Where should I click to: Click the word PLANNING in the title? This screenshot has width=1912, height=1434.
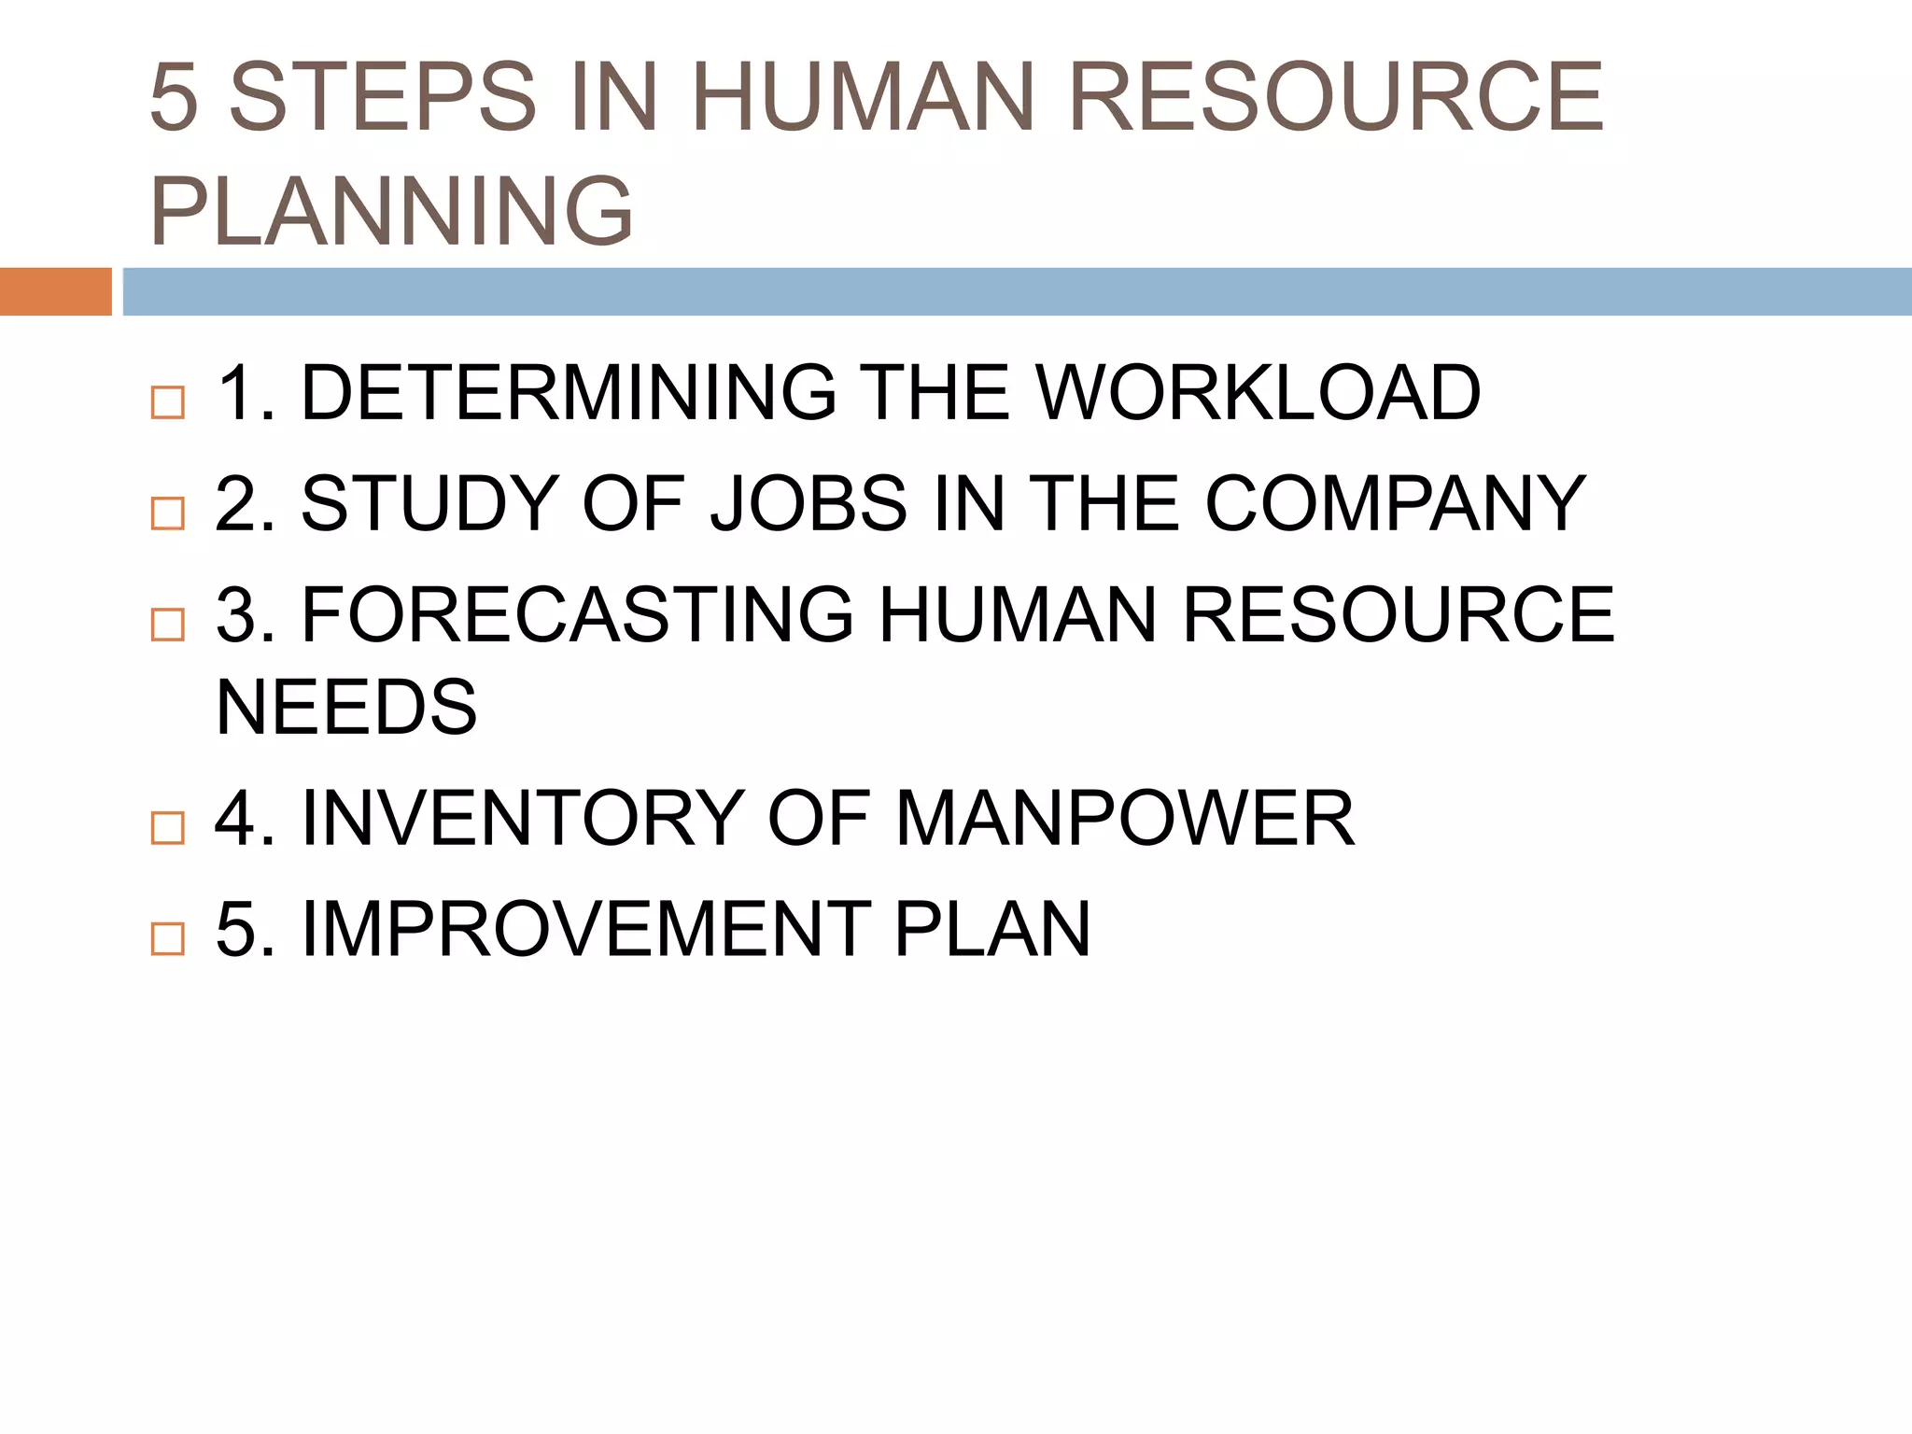pyautogui.click(x=392, y=211)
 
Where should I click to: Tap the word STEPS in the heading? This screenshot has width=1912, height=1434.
pyautogui.click(x=383, y=96)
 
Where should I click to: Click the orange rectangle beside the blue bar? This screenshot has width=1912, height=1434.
pyautogui.click(x=55, y=291)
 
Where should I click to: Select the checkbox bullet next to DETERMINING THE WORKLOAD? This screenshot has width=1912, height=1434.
pyautogui.click(x=168, y=402)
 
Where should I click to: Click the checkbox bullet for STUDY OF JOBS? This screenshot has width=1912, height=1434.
pyautogui.click(x=168, y=513)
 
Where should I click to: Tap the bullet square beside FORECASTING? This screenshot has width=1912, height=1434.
pyautogui.click(x=168, y=624)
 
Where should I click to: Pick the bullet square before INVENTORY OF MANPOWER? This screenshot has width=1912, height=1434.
pyautogui.click(x=168, y=827)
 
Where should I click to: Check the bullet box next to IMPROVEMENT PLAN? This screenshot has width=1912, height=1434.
pyautogui.click(x=168, y=938)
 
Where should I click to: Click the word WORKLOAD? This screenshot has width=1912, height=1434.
pyautogui.click(x=1258, y=393)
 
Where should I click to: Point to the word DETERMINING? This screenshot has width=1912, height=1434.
pyautogui.click(x=569, y=393)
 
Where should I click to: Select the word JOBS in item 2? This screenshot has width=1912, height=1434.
pyautogui.click(x=808, y=504)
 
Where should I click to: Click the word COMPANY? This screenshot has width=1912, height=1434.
pyautogui.click(x=1395, y=504)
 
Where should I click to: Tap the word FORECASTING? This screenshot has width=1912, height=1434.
pyautogui.click(x=578, y=614)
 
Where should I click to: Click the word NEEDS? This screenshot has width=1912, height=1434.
pyautogui.click(x=346, y=707)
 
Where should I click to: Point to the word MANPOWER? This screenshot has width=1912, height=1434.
pyautogui.click(x=1125, y=819)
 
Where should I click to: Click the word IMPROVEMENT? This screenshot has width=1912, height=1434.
pyautogui.click(x=586, y=929)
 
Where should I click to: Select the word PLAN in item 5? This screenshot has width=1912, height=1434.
pyautogui.click(x=992, y=929)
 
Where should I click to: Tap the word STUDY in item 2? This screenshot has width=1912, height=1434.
pyautogui.click(x=430, y=504)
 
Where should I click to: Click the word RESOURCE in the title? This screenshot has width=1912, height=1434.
pyautogui.click(x=1335, y=96)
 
